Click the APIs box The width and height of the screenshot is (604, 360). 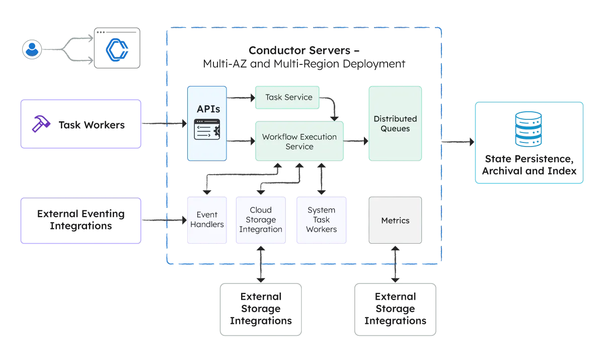(207, 123)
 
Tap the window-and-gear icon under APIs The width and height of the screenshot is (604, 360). (207, 130)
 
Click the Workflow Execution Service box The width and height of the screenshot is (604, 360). (299, 141)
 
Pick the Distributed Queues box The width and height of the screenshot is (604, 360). (395, 123)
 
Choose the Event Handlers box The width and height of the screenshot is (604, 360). (206, 220)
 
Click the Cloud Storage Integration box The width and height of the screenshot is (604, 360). (260, 220)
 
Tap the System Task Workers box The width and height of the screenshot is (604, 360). (321, 220)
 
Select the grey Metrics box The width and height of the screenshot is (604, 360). (395, 221)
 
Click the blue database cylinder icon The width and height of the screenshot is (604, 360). (528, 130)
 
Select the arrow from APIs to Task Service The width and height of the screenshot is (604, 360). (241, 98)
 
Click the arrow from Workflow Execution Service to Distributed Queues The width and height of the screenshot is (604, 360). (356, 141)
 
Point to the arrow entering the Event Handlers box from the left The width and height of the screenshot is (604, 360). (164, 220)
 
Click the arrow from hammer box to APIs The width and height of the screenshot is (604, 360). (164, 123)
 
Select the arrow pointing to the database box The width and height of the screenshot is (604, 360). (457, 143)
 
